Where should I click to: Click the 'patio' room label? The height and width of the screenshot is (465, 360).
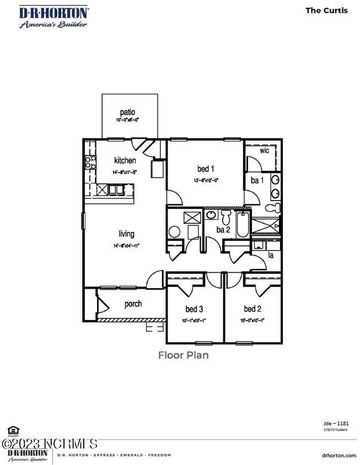127,112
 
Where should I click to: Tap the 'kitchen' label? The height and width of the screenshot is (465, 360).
125,161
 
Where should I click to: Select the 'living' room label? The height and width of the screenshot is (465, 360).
126,234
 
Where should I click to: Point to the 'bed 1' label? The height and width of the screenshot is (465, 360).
206,169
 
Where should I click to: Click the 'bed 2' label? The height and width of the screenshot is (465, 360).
252,309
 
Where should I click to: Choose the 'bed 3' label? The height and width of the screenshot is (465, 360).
194,309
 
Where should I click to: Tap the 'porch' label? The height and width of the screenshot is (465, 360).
133,304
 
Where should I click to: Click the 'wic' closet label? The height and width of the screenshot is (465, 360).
265,150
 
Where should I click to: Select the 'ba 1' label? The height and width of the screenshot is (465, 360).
257,180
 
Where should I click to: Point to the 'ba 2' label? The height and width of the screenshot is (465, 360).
223,230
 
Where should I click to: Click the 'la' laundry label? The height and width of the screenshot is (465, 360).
271,255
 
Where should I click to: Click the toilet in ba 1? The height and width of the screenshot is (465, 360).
271,208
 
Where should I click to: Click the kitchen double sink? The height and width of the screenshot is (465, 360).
116,190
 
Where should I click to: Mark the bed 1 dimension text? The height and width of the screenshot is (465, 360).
206,180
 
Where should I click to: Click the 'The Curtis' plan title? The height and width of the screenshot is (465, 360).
326,10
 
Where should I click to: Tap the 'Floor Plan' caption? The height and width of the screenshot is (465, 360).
184,355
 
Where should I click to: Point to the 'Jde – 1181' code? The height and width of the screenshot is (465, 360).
336,423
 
